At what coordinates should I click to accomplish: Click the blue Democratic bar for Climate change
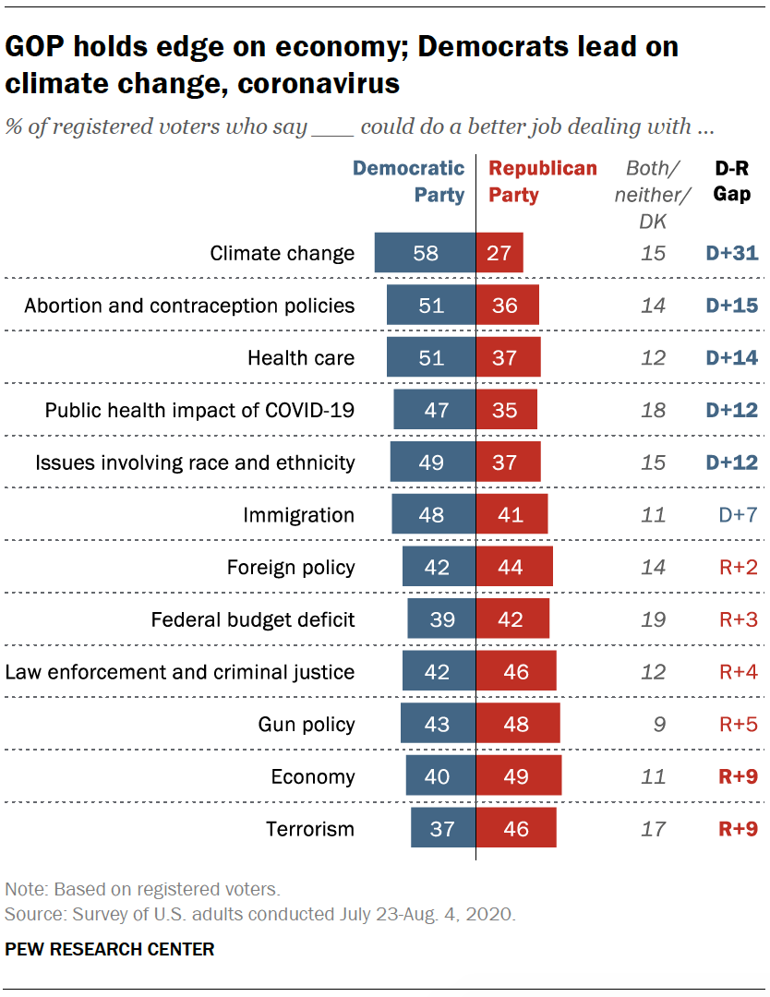coord(425,253)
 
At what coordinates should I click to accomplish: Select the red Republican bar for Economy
coord(519,776)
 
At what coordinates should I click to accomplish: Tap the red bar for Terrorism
coord(516,829)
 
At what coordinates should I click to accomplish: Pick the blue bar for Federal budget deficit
coord(441,619)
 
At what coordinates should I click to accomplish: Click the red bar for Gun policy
coord(518,725)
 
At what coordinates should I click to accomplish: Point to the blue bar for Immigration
coord(433,515)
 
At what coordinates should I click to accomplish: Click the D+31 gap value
coord(732,253)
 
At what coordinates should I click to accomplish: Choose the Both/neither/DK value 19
coord(653,619)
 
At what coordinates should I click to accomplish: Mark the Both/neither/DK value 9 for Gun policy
coord(657,725)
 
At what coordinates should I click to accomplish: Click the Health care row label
coord(300,358)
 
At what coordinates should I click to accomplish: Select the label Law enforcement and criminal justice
coord(180,672)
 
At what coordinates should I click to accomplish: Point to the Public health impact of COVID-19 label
coord(199,410)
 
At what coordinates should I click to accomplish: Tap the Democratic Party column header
coord(409,182)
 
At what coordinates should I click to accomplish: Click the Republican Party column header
coord(542,182)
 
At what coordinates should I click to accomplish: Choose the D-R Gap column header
coord(732,182)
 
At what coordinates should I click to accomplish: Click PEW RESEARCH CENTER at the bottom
coord(110,949)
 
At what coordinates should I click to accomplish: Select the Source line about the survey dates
coord(260,915)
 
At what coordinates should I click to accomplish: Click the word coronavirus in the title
coord(319,83)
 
